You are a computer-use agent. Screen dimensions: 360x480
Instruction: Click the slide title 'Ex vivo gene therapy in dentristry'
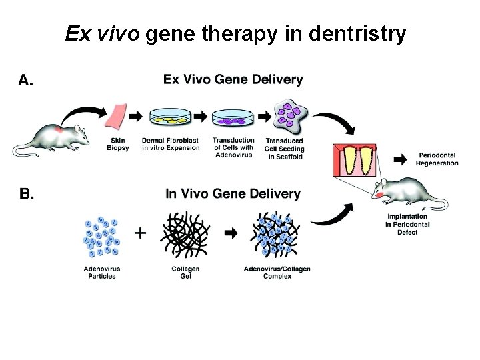235,34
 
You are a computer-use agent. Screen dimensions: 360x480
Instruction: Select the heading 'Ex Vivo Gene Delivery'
233,80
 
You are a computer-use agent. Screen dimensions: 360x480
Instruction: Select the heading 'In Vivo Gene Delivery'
233,194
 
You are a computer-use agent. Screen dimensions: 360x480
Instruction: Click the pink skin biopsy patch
117,117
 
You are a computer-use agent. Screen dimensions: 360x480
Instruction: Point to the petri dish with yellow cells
171,118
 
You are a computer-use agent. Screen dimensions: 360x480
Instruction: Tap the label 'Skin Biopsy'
118,144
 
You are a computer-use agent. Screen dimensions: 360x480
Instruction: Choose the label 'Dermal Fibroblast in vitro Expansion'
171,144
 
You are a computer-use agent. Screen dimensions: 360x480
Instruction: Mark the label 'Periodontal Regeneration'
437,159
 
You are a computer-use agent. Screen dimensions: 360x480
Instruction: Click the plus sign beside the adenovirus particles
141,233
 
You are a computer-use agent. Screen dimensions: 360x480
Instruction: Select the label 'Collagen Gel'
185,272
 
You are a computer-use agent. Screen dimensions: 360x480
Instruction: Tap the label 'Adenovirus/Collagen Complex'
277,272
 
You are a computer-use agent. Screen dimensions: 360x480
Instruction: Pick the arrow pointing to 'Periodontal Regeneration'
400,159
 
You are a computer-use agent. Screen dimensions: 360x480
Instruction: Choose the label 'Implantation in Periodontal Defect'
407,225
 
